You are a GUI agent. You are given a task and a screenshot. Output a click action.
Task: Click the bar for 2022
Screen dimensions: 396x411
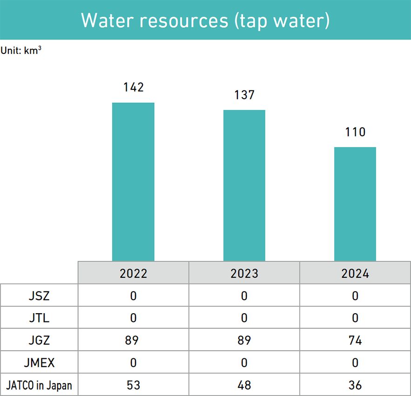coord(133,181)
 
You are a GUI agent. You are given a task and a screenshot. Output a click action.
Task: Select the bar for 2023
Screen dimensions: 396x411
coord(244,185)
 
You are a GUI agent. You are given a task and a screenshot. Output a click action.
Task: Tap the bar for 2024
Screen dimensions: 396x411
coord(355,204)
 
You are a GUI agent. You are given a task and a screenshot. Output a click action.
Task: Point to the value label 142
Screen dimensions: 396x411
coord(133,87)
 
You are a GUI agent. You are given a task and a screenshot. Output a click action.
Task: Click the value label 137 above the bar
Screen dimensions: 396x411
coord(244,95)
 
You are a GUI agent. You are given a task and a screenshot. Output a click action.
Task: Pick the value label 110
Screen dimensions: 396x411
coord(355,132)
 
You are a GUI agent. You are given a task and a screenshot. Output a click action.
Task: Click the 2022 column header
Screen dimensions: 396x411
coord(133,273)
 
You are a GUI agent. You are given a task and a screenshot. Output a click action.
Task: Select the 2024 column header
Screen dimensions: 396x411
coord(355,273)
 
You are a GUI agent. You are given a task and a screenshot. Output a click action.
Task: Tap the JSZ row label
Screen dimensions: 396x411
coord(39,295)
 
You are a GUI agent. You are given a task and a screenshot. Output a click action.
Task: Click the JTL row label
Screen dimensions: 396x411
coord(39,318)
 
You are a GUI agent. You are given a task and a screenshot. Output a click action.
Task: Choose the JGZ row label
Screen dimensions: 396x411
coord(39,340)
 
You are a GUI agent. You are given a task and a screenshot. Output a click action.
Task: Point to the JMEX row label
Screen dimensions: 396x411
coord(39,362)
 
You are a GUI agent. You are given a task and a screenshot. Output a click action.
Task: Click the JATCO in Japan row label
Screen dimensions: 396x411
coord(39,385)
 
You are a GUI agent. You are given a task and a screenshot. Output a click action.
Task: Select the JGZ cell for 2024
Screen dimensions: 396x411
coord(355,340)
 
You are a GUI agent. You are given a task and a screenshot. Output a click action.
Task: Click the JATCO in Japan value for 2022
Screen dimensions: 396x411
coord(133,385)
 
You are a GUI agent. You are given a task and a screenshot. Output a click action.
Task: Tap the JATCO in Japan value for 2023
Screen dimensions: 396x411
coord(244,385)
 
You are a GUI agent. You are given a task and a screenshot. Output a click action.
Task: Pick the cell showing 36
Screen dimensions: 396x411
coord(355,385)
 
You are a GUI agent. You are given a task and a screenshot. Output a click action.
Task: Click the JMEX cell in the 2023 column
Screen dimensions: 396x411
coord(244,362)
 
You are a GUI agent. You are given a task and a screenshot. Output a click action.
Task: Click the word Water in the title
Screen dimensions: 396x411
coord(105,20)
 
